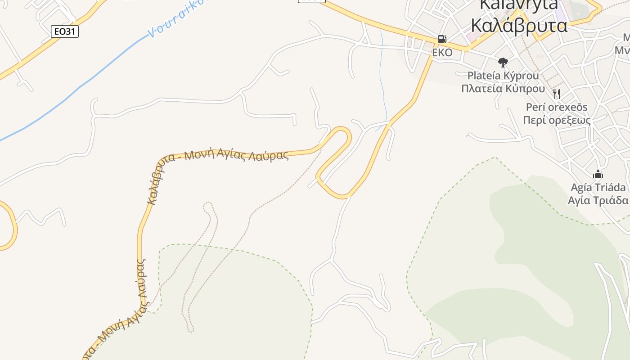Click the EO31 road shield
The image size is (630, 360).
point(65,31)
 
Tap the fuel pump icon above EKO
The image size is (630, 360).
point(442,40)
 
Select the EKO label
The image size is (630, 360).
point(442,53)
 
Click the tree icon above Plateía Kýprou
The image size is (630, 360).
point(503,62)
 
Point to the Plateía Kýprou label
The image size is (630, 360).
point(503,75)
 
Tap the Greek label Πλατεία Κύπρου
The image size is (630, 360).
point(503,88)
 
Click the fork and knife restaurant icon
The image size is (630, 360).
point(557,94)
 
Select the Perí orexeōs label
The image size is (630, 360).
point(557,107)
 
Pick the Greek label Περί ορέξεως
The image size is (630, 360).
point(557,120)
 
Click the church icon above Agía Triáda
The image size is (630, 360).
point(598,174)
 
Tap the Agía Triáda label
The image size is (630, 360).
point(598,187)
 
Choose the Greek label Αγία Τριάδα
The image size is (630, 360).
point(598,200)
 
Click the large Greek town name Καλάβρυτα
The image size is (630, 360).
point(518,26)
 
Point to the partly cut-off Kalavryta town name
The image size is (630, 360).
point(518,4)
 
